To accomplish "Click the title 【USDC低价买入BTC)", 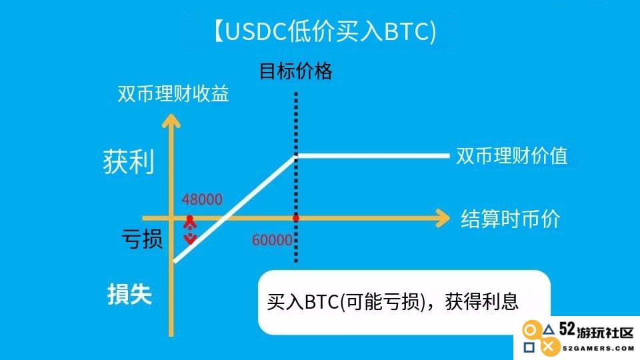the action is click(325, 31).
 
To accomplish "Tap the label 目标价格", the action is click(296, 71).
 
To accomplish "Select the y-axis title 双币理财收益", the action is click(173, 94).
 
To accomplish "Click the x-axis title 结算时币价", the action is click(510, 219).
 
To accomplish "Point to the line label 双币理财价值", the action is click(512, 155).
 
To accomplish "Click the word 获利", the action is click(129, 162).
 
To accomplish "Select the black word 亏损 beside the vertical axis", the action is click(142, 239).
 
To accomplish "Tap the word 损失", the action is click(129, 294).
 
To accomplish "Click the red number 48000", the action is click(202, 199).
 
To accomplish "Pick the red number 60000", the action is click(272, 240).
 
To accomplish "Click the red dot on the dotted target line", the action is click(296, 219).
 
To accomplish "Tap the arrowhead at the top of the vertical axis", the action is click(171, 121).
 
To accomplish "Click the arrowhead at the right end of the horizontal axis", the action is click(443, 219).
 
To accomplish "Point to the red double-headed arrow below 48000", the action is click(190, 230).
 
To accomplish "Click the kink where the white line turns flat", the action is click(296, 156).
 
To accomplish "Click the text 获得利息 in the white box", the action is click(481, 301).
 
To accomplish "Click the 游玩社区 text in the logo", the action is click(605, 332).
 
